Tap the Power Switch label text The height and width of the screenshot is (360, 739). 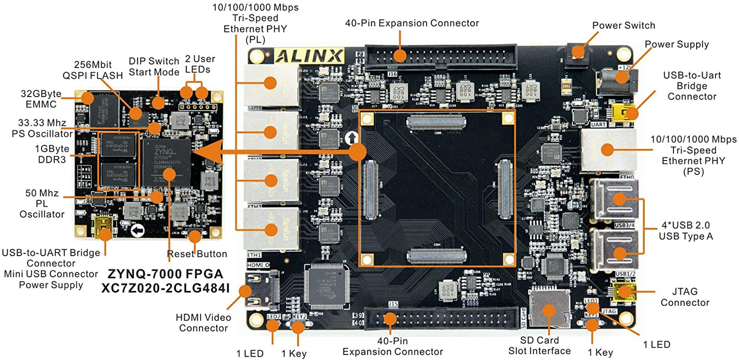(x=623, y=25)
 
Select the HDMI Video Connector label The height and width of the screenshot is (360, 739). (x=203, y=322)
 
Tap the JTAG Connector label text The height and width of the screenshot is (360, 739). (x=685, y=297)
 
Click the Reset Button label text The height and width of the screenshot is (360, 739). (x=197, y=254)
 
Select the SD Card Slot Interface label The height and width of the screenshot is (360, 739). (x=539, y=345)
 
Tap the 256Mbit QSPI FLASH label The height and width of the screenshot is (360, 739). (x=98, y=71)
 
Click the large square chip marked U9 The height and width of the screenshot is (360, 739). (x=328, y=289)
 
